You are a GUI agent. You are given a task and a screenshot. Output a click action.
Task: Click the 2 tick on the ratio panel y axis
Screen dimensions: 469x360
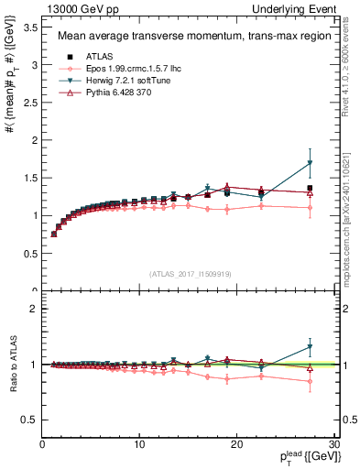point(33,309)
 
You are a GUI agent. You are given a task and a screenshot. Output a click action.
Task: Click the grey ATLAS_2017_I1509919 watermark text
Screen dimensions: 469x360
point(190,273)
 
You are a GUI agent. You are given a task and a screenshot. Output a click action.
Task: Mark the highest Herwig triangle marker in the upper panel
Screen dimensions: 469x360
point(310,163)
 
